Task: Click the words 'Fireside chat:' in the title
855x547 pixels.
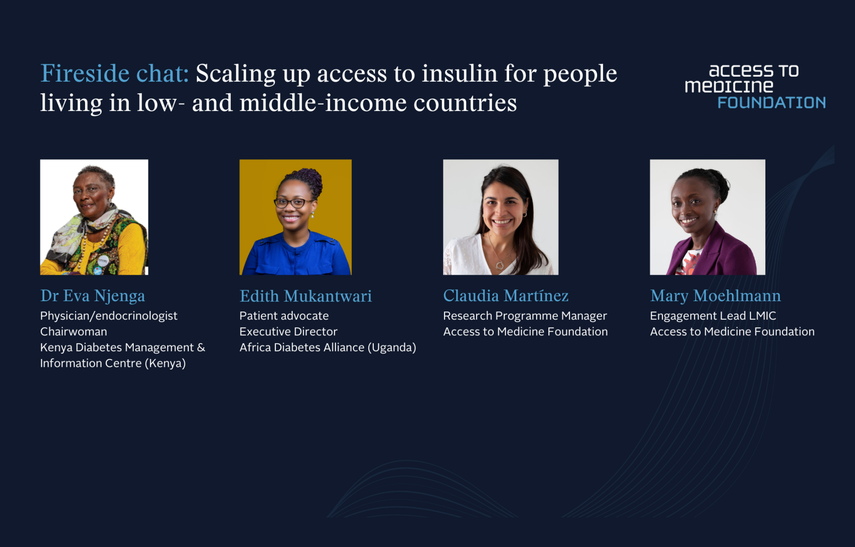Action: [115, 73]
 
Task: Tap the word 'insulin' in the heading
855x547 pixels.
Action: [460, 73]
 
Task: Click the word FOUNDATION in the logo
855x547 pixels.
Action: [771, 103]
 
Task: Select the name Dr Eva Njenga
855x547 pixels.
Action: [92, 296]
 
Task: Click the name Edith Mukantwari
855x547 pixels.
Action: [305, 296]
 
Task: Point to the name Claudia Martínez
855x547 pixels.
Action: [506, 296]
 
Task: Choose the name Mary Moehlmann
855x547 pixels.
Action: [715, 296]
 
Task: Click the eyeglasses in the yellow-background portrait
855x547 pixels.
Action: [293, 203]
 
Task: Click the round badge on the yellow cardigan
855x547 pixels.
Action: [102, 261]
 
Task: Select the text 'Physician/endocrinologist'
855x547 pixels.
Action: [109, 316]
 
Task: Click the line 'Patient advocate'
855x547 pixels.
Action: [284, 316]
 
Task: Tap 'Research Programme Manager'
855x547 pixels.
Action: [525, 316]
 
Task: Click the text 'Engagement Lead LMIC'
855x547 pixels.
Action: [713, 316]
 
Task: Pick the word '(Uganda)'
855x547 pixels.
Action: [392, 348]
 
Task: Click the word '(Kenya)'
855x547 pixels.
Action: [165, 364]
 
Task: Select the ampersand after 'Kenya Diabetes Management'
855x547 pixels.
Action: [201, 347]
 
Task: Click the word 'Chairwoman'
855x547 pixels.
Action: [74, 332]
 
